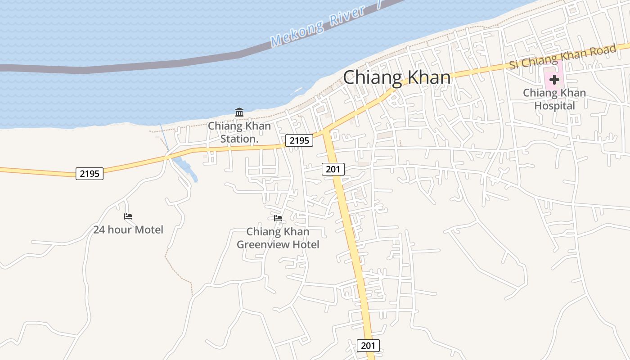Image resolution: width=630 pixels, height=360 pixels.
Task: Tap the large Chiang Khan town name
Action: [397, 77]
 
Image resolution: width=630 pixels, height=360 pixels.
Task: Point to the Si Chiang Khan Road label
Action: [562, 57]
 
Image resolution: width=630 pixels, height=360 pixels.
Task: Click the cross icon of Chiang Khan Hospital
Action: [554, 80]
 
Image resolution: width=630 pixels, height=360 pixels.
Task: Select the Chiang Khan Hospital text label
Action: [554, 99]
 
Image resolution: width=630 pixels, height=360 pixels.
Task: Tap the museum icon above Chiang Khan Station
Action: [239, 112]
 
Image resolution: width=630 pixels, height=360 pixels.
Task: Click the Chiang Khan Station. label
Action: [239, 132]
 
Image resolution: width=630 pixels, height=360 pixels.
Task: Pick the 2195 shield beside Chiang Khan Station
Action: [299, 141]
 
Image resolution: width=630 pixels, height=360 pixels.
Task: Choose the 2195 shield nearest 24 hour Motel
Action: [90, 173]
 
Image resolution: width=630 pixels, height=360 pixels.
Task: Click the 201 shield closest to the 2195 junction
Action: [333, 169]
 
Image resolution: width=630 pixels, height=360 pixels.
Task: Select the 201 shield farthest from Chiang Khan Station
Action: [368, 345]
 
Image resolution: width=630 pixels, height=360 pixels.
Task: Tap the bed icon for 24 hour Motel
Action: [128, 216]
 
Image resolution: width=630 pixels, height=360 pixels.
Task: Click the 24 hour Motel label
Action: [128, 229]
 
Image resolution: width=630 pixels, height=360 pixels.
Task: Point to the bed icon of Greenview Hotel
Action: [278, 218]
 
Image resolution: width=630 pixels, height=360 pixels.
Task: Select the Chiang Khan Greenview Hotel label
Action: [278, 238]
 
